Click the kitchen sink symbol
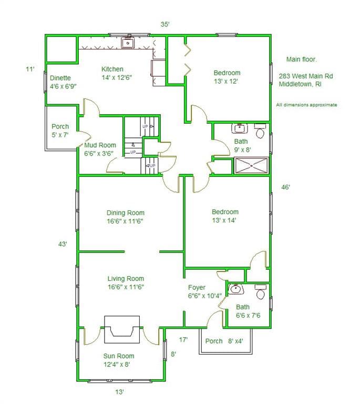(128, 43)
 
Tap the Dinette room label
(60, 78)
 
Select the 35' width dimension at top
(165, 25)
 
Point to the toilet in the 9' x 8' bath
(261, 130)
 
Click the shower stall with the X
(251, 166)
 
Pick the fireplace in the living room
(122, 329)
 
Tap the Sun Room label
(119, 356)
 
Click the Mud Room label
(100, 145)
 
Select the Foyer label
(197, 287)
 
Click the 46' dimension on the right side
(285, 187)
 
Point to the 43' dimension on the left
(63, 244)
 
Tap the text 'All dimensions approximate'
(306, 105)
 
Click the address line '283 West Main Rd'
(306, 76)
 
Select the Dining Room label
(125, 213)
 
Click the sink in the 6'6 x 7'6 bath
(235, 289)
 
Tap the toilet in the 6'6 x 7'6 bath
(261, 292)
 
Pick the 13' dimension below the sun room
(119, 392)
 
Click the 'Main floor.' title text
(302, 59)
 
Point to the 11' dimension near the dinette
(30, 69)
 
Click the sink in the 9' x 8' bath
(240, 128)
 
